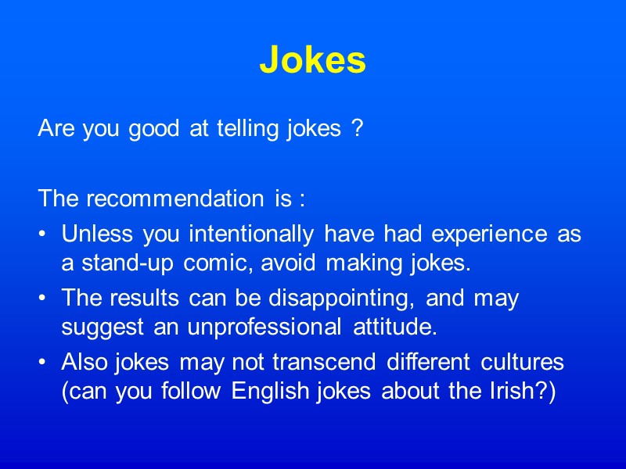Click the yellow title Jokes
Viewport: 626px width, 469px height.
(312, 59)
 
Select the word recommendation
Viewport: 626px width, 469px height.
(177, 199)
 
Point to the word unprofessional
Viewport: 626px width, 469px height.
(263, 328)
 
